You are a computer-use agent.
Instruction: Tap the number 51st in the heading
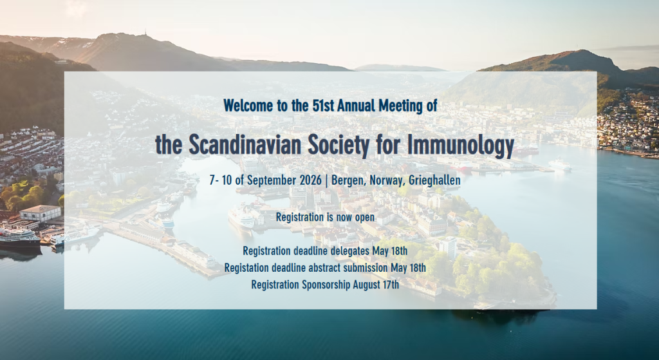[323, 106]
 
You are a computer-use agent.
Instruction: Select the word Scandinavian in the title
[245, 144]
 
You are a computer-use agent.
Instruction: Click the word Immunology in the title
[461, 145]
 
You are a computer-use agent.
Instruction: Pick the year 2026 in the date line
[311, 180]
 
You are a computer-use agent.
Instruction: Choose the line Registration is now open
[325, 217]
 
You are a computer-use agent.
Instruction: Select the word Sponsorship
[326, 285]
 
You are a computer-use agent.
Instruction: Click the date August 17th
[376, 285]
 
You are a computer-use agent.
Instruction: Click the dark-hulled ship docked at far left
[19, 237]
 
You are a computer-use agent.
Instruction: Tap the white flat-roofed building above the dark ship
[40, 213]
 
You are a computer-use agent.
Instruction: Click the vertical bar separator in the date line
[326, 180]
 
